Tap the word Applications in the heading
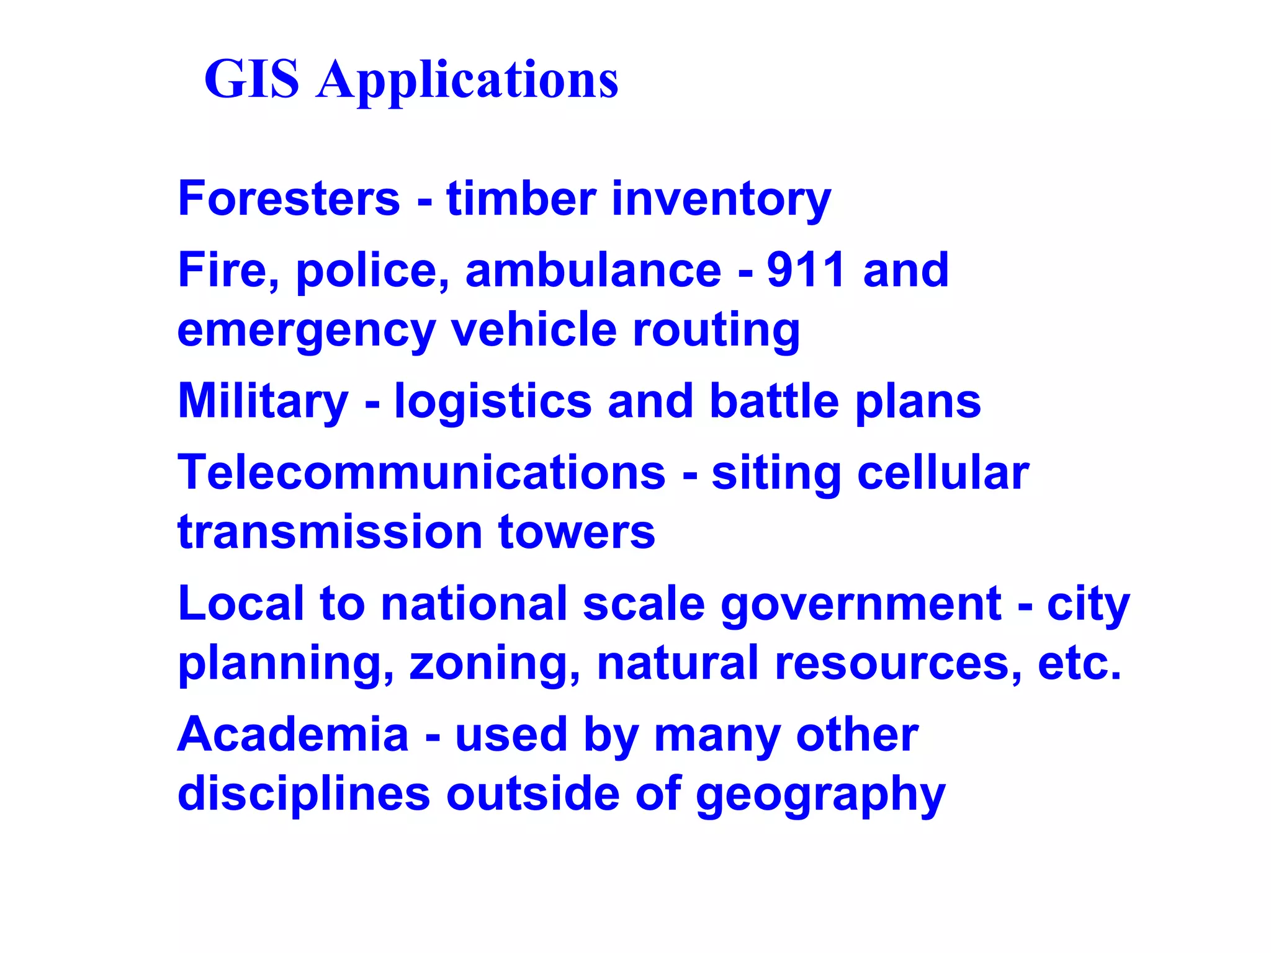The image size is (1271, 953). click(467, 81)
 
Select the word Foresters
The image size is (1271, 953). click(289, 199)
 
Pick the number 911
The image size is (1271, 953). click(806, 270)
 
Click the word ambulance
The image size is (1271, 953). click(593, 270)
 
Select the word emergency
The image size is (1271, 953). click(307, 331)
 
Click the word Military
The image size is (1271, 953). click(263, 402)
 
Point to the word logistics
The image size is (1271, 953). click(493, 402)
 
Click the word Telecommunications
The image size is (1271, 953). click(421, 473)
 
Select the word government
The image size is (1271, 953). click(861, 604)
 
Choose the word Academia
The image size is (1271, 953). click(294, 735)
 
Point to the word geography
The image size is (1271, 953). click(820, 795)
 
